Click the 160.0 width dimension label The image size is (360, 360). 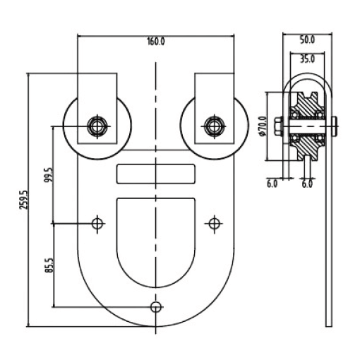coord(156,42)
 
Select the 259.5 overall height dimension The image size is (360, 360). coord(23,200)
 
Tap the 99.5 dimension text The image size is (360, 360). coord(49,175)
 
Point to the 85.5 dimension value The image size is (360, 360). coord(49,265)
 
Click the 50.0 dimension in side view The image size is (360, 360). coord(307,40)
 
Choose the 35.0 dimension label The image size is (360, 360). coord(307,59)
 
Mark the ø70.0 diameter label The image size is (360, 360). coord(263,126)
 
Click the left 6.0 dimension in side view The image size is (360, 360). coord(272,184)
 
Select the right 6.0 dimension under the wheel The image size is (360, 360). coord(307,184)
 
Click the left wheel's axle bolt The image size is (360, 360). coord(97,126)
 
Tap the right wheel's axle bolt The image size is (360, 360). coord(214,126)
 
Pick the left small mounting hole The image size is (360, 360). coord(97,224)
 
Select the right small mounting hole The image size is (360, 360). coord(214,224)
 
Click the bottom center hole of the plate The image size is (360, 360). coord(156,307)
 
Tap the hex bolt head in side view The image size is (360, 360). coord(278,126)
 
